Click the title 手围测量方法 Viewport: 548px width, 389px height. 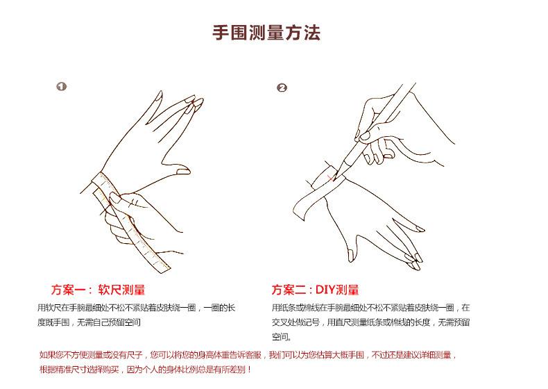click(x=266, y=33)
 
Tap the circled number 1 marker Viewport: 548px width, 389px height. click(x=62, y=86)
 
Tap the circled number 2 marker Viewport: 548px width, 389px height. click(x=282, y=88)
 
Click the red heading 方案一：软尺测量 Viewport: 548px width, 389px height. click(x=98, y=290)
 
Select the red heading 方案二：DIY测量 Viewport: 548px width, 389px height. click(x=315, y=290)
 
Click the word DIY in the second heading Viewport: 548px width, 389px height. click(x=326, y=290)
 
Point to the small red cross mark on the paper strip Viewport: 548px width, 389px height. click(x=330, y=179)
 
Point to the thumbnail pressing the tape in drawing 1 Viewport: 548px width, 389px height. click(x=115, y=199)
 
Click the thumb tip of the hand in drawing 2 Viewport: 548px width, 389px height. click(x=350, y=256)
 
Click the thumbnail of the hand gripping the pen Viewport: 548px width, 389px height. click(x=364, y=135)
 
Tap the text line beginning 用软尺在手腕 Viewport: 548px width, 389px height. click(x=136, y=308)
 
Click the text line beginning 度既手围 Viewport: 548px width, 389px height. click(x=89, y=322)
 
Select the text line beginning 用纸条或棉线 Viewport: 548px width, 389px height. click(x=371, y=308)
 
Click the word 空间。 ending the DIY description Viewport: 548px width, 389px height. click(x=282, y=337)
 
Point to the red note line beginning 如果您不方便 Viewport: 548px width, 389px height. click(x=248, y=355)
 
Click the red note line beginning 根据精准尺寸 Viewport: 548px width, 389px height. click(x=146, y=370)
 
